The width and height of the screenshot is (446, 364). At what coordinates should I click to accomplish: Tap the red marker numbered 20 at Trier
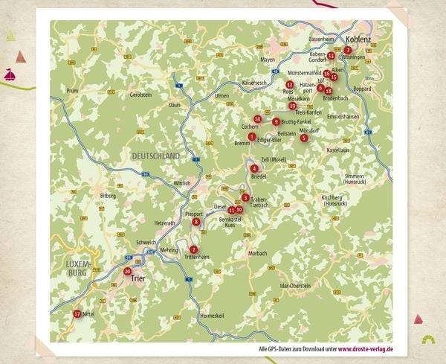128,272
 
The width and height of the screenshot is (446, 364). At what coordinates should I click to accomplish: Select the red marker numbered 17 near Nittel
77,314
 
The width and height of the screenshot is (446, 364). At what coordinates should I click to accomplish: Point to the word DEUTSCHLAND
155,156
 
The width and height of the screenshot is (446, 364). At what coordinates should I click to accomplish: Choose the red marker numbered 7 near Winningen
348,50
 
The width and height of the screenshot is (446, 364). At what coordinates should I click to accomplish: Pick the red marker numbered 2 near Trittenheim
193,249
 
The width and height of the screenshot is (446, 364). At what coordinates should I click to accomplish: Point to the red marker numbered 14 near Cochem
257,119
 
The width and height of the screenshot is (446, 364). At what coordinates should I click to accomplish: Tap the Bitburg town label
109,195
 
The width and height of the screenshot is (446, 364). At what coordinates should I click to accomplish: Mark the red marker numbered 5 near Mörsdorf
303,138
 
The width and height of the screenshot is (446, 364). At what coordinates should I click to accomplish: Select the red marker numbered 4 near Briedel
254,168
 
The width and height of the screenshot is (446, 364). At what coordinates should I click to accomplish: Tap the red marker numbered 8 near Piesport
196,221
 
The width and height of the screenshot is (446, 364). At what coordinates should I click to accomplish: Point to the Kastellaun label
338,150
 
